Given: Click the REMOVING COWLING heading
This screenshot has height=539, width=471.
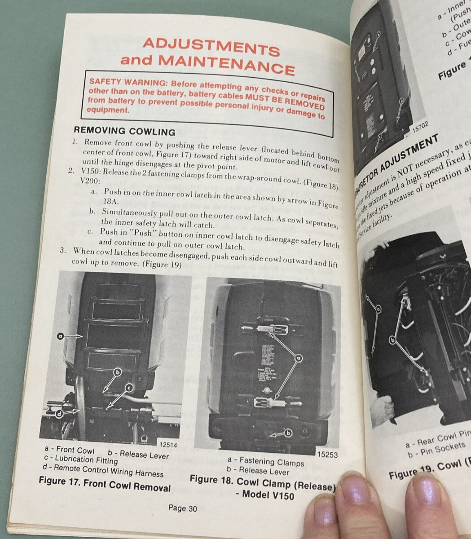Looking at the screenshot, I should pos(124,131).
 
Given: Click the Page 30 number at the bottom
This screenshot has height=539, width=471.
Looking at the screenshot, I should pos(182,508).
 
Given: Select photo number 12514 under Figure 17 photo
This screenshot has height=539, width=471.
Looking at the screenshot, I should pos(168,444).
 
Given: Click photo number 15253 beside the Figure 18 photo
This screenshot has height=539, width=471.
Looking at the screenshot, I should pos(328,455).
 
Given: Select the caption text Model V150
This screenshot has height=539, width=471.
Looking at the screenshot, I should pos(268,495).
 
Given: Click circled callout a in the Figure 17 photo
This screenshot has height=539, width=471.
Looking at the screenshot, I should pos(61,335).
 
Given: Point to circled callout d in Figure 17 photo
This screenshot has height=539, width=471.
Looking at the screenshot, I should pos(59,415).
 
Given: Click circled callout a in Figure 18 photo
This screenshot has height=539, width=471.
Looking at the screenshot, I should pos(297,358).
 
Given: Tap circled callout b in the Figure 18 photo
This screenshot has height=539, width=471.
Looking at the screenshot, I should pos(288,432).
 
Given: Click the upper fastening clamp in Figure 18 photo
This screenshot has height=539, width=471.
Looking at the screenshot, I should pos(265,328).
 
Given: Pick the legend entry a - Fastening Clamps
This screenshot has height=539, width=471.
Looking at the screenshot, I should pos(265,461).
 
